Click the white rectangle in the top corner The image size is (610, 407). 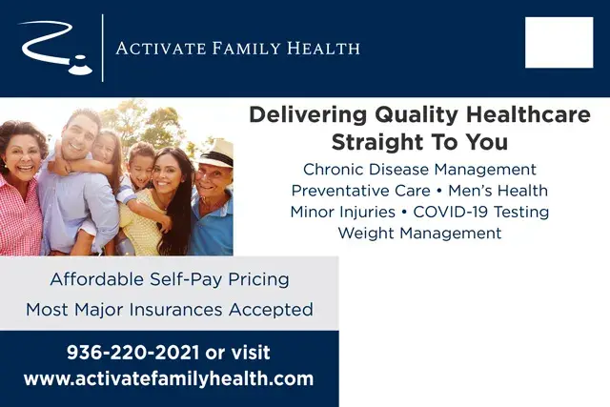point(559,43)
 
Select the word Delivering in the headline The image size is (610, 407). point(302,116)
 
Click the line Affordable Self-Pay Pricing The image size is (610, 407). point(169,280)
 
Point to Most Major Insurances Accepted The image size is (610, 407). point(169,310)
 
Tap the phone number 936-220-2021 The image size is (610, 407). point(132,352)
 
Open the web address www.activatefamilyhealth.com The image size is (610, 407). point(169,378)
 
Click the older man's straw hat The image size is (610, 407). point(215,152)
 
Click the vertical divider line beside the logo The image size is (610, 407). point(102,48)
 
